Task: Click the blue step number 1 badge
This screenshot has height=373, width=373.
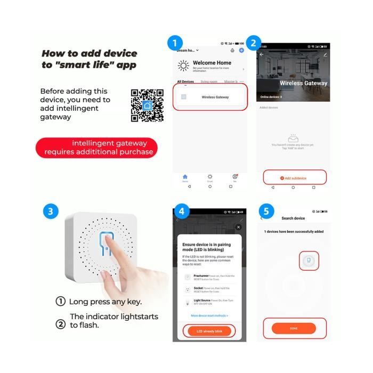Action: [x=175, y=43]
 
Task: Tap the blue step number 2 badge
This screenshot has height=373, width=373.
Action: [x=254, y=43]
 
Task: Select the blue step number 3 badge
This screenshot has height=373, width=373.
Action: [x=51, y=211]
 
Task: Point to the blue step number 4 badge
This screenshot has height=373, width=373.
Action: [x=182, y=211]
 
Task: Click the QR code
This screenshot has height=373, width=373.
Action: [x=147, y=106]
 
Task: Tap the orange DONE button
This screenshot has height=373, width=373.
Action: [x=294, y=328]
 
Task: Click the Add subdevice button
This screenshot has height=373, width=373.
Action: [x=294, y=177]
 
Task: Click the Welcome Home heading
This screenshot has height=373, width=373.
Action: [x=212, y=63]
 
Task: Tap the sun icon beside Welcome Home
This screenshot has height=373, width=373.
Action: [x=183, y=66]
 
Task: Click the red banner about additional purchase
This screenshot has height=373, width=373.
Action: [x=97, y=148]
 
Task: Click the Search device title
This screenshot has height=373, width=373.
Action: [x=293, y=218]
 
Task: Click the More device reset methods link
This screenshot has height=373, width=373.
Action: [x=209, y=315]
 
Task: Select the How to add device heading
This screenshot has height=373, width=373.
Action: [x=89, y=59]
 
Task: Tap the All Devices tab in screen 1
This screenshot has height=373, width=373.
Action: [x=185, y=82]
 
